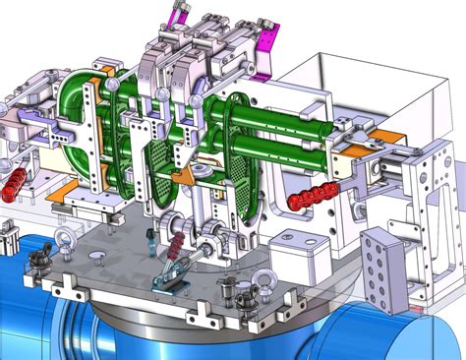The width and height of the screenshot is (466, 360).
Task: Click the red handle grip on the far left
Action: tap(17, 182)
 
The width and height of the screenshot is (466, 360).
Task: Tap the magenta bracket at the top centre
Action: tap(180, 13)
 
